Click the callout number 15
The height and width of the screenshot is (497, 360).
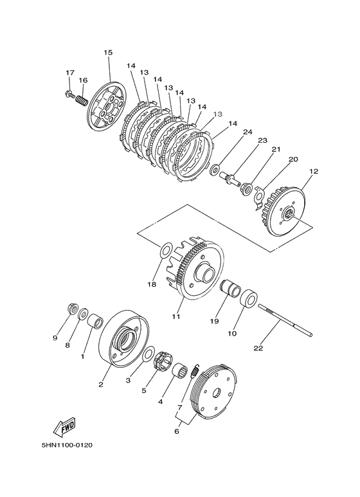tap(108, 53)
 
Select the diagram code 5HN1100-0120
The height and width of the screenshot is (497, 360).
tap(67, 446)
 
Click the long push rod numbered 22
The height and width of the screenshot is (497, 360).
tap(285, 320)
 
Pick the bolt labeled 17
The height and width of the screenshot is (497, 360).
tap(69, 94)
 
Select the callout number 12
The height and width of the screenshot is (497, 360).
tap(314, 172)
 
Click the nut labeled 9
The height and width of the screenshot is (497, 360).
tap(73, 309)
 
